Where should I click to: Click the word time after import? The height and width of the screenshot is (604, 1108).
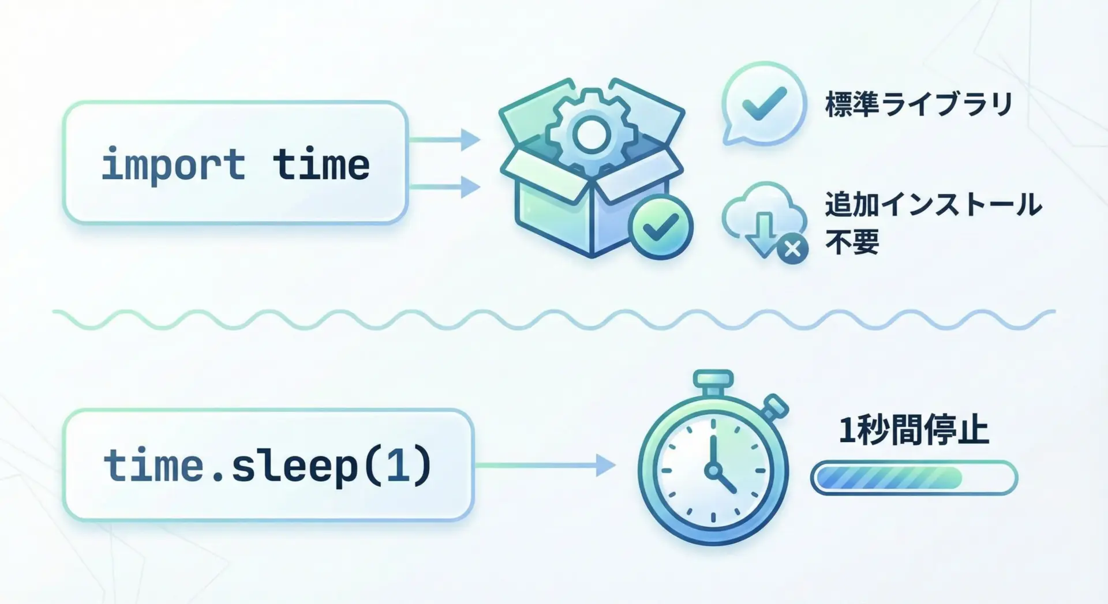coord(321,164)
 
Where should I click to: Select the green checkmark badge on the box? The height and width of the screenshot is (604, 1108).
coord(661,227)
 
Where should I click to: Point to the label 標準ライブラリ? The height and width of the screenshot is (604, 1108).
coord(919,104)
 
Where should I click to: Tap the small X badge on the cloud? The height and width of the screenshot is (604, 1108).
coord(792,249)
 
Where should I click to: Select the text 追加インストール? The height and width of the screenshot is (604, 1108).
coord(933,205)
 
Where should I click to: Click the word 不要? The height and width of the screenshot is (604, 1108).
coord(852,242)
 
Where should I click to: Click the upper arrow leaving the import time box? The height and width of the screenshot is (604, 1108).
coord(444,140)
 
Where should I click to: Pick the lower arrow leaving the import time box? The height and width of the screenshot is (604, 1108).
coord(444,187)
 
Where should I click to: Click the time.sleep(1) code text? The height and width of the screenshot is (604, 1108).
coord(268,466)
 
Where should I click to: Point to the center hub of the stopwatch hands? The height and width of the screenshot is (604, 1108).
coord(714,470)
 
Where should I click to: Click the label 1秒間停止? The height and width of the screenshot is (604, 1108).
coord(914,431)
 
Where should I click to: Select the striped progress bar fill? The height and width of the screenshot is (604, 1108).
coord(889,478)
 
